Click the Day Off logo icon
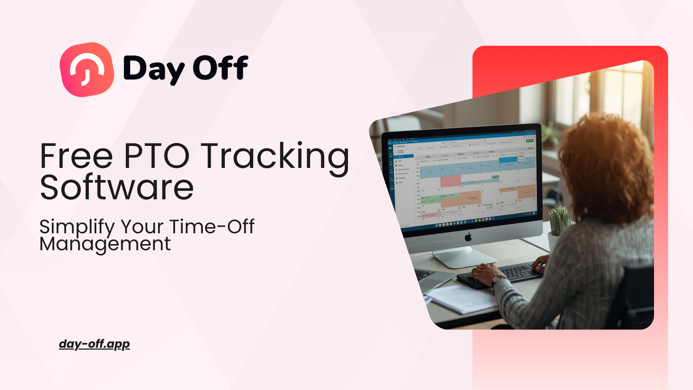(87, 70)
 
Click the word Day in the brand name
(154, 69)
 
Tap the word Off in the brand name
(221, 68)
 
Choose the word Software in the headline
(117, 188)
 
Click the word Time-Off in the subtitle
(212, 226)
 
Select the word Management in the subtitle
(105, 244)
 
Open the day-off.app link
(94, 344)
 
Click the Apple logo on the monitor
(468, 237)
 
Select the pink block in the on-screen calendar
(450, 181)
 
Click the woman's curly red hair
(606, 159)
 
